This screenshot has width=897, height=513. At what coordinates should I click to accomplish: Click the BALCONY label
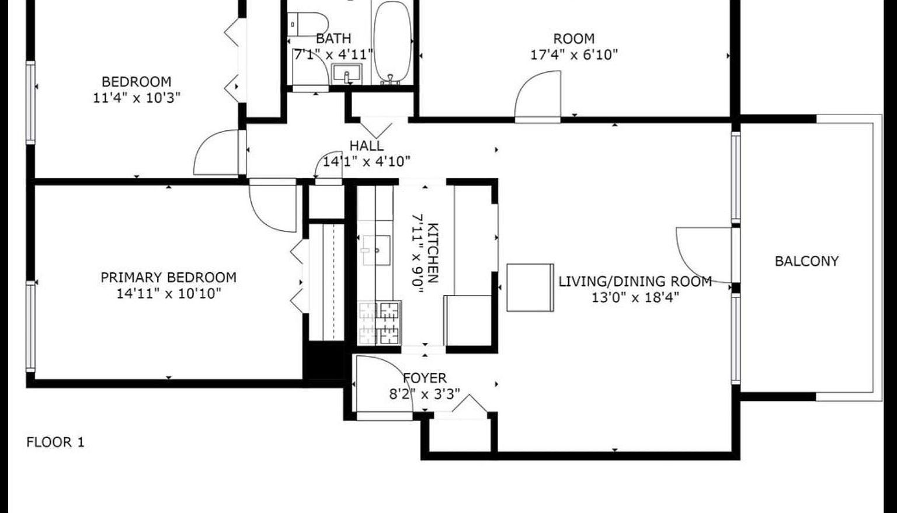806,261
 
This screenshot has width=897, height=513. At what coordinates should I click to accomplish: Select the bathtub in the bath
392,41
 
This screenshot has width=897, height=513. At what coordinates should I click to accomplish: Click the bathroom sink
347,74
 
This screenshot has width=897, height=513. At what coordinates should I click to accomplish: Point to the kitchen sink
376,250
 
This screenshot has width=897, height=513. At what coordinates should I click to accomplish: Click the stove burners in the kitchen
380,322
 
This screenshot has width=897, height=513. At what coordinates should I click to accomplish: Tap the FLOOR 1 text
55,442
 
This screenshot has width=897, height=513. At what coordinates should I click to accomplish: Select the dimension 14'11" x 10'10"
169,293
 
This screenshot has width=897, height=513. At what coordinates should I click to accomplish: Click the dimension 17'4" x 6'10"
574,55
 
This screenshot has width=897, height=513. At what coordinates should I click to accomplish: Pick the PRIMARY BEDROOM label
169,277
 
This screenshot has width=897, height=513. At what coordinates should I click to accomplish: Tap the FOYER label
425,378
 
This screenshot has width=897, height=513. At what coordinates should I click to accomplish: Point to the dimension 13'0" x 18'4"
635,297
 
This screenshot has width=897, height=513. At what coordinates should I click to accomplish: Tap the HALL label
367,145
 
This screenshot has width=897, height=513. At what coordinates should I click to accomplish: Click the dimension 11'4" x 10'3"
137,98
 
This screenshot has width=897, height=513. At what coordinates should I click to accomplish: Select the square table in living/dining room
530,287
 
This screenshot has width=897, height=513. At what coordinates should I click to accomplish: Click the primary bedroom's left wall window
30,326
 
